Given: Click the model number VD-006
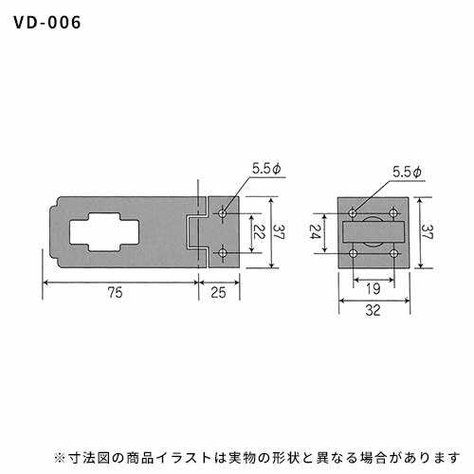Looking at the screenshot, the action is coord(47,23).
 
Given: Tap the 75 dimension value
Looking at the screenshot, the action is coord(115,293).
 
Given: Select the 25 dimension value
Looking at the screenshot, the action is coord(218,293).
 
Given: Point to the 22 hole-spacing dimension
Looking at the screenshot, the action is coord(259,231).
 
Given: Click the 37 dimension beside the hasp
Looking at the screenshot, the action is coord(279,231).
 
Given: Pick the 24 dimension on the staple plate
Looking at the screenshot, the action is coord(315,231).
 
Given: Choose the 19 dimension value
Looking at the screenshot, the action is coord(374,288).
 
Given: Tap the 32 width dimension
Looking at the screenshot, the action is coord(374,310).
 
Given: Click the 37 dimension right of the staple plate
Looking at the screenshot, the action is coord(428,231).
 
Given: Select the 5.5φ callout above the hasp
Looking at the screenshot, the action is coord(266,169).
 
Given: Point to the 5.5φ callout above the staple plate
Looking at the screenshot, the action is coord(407,173).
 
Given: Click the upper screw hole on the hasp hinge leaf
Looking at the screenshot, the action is coord(223,213).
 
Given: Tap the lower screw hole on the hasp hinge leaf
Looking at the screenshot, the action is coord(223,253).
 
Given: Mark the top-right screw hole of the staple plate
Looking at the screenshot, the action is coord(393,212).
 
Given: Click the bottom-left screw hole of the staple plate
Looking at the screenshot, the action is coord(354,253).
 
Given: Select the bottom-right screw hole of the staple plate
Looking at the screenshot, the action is coord(393,253).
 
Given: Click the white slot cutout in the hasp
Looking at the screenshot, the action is coord(104,232).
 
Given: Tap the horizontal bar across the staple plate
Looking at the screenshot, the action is coord(374,232).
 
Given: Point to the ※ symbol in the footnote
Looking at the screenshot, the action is coord(60,458).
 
